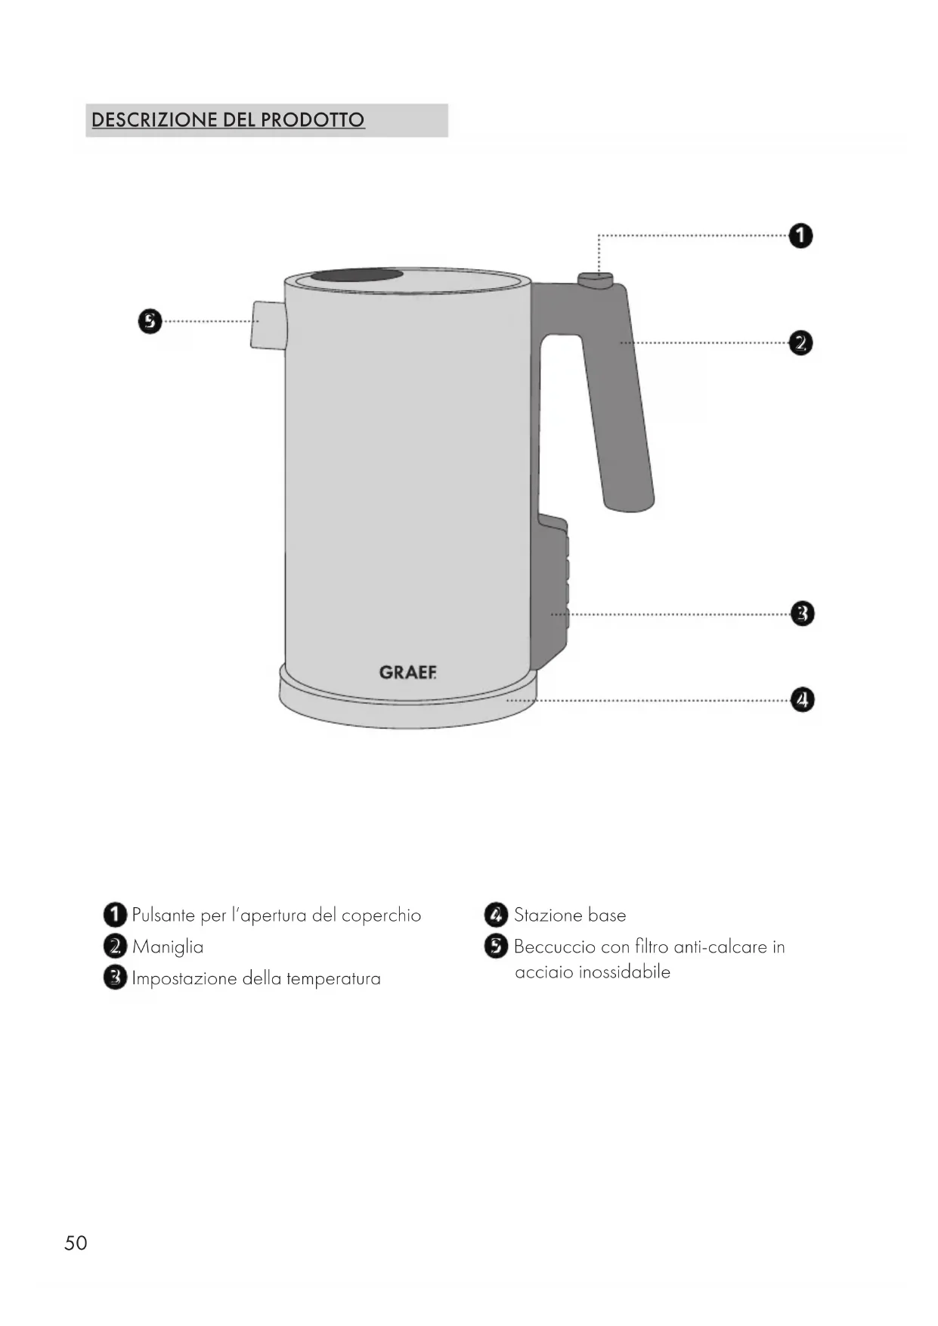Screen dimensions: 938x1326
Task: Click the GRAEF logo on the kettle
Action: coord(407,672)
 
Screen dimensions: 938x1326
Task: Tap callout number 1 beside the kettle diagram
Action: coord(800,236)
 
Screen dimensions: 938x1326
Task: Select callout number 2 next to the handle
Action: coord(800,343)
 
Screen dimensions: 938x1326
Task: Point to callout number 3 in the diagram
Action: coord(802,613)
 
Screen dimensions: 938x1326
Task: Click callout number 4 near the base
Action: coord(802,700)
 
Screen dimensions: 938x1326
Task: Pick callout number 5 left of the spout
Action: coord(150,321)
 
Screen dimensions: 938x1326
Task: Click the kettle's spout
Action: coord(268,325)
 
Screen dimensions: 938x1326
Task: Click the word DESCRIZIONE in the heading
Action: coord(154,120)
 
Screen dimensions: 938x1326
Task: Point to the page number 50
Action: coord(76,1244)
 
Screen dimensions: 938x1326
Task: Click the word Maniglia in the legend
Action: coord(168,947)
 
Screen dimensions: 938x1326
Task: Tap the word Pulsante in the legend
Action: coord(164,915)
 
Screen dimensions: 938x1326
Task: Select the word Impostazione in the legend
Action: coord(184,979)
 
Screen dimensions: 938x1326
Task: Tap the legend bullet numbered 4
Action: coord(496,915)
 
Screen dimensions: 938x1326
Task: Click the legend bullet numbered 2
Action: coord(115,946)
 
